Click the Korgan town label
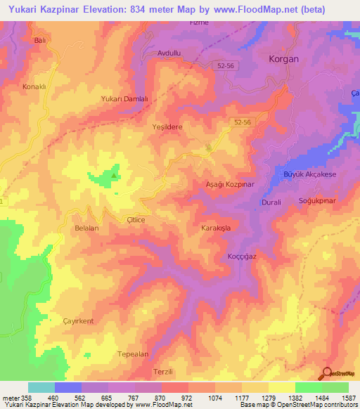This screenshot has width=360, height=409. (284, 60)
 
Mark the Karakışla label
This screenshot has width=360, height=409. (217, 229)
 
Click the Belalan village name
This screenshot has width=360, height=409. (86, 228)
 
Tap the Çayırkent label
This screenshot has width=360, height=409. (78, 320)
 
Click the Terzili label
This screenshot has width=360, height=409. (162, 371)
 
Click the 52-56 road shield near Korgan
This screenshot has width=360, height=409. (226, 65)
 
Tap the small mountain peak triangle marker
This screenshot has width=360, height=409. (115, 168)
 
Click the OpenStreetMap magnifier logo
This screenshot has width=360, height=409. (328, 374)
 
